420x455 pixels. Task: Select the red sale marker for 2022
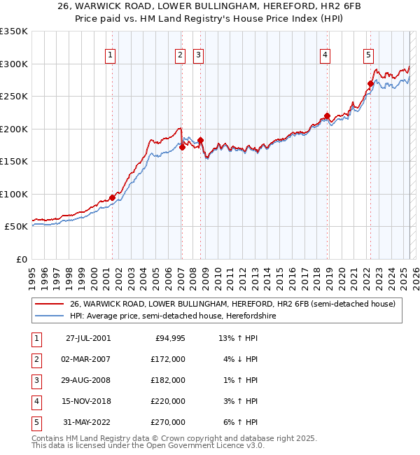coord(370,84)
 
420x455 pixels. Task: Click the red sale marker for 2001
coord(112,197)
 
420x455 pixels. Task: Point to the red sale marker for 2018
coord(327,116)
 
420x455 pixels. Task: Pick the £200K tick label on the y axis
coord(14,129)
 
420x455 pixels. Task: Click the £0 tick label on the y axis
coord(22,259)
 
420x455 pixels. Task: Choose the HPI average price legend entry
coord(172,316)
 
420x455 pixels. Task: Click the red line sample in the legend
coord(50,304)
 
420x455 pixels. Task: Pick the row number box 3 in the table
coord(36,380)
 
